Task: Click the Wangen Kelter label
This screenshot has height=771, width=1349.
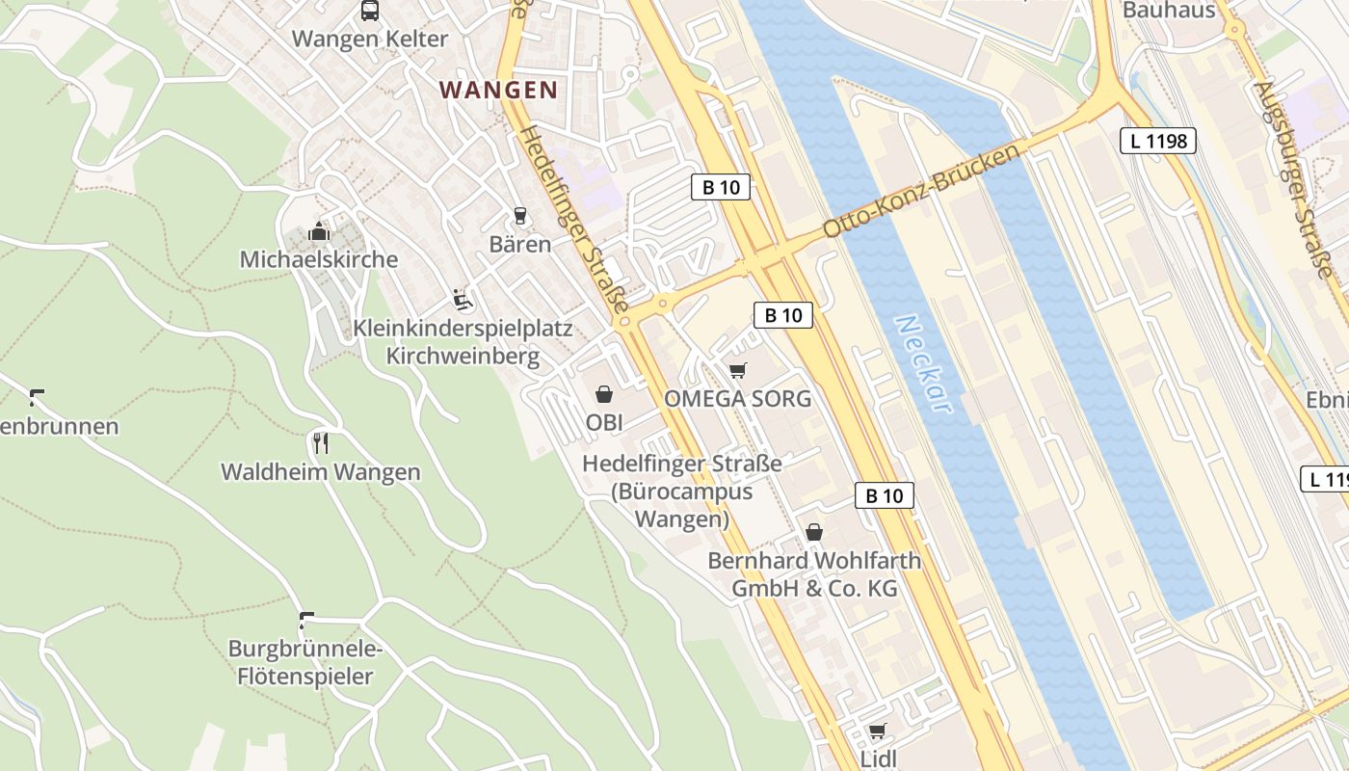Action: click(x=370, y=40)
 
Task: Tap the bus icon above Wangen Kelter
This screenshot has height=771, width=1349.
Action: click(x=370, y=11)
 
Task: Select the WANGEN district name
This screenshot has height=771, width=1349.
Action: click(x=498, y=91)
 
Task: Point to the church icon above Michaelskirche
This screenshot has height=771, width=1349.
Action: click(x=318, y=231)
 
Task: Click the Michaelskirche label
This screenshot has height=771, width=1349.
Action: click(x=318, y=259)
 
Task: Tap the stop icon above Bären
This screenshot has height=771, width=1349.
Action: click(x=520, y=216)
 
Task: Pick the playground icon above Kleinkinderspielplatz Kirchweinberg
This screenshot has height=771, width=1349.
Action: click(x=463, y=300)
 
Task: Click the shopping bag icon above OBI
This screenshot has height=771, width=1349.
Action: click(x=604, y=393)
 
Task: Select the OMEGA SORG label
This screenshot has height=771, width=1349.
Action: click(x=738, y=399)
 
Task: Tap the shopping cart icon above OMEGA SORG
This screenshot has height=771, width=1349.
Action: click(x=738, y=370)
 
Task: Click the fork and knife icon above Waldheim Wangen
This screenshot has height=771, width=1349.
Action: click(x=321, y=443)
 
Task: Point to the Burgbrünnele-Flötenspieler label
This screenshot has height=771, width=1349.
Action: click(x=305, y=662)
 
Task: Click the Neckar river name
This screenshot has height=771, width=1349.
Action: click(x=923, y=364)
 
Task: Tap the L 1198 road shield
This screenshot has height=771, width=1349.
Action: click(x=1158, y=141)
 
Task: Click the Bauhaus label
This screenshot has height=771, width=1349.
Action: click(x=1169, y=11)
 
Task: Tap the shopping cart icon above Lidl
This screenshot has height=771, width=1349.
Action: click(x=877, y=731)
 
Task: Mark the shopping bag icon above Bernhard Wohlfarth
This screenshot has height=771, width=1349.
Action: click(x=814, y=532)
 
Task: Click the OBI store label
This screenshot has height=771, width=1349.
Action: click(x=604, y=422)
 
